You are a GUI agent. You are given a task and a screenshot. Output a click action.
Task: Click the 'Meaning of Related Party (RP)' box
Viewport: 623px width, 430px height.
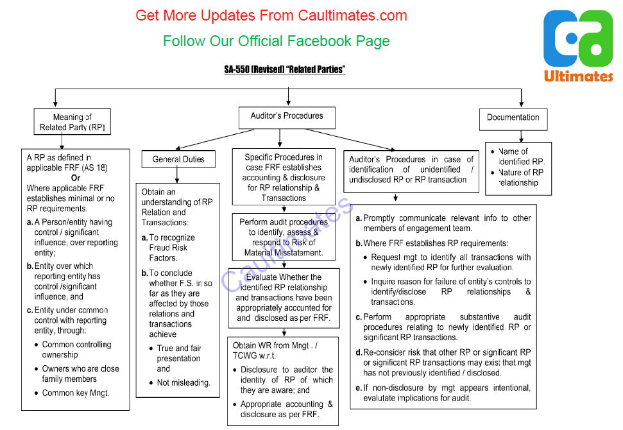[x=72, y=122]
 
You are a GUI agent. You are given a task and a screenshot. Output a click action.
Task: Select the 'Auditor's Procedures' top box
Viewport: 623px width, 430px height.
[x=287, y=116]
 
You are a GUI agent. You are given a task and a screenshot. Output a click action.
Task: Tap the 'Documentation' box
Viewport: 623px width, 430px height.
[x=513, y=117]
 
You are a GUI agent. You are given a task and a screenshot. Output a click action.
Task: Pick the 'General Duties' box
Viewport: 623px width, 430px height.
[x=178, y=159]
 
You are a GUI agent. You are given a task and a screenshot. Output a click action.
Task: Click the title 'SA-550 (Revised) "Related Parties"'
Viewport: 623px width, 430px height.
[x=284, y=69]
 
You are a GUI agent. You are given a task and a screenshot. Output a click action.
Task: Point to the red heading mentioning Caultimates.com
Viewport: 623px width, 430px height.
[x=271, y=15]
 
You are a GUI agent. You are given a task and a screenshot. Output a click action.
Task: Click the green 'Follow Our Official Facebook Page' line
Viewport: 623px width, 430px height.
[x=276, y=41]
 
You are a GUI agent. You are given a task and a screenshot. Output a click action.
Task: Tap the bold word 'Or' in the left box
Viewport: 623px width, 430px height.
[x=76, y=178]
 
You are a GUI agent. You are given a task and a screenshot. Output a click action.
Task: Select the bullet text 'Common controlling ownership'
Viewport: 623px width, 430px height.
[x=76, y=350]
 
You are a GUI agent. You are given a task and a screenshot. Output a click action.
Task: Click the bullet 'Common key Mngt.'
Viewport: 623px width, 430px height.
[x=75, y=393]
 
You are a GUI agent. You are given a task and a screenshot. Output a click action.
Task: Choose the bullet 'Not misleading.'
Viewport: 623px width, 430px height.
[x=183, y=383]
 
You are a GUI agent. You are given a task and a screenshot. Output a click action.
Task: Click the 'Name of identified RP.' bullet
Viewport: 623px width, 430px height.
[x=521, y=157]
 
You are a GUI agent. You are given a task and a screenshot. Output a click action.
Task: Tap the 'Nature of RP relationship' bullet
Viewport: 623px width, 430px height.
[x=520, y=177]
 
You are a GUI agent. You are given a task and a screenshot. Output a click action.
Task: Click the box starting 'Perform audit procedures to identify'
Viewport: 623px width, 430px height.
[x=284, y=237]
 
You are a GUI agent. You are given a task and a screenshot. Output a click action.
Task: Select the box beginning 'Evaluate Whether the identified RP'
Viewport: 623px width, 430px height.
[x=284, y=298]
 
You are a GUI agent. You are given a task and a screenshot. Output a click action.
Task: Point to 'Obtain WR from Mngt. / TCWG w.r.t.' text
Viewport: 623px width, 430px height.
[x=275, y=350]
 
